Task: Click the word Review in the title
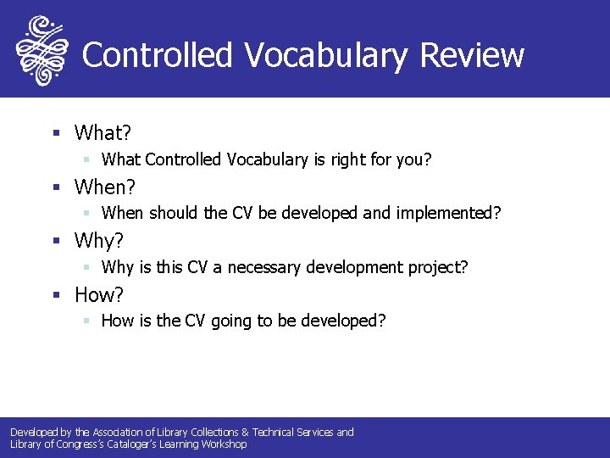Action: [472, 55]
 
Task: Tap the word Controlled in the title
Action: [157, 55]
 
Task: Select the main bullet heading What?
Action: [103, 132]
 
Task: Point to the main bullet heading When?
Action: [106, 187]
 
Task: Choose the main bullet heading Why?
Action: [99, 241]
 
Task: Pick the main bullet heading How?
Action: [99, 295]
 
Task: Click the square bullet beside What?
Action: [56, 132]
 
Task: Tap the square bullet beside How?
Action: [56, 295]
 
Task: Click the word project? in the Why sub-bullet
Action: [435, 268]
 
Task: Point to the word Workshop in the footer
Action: [224, 444]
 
